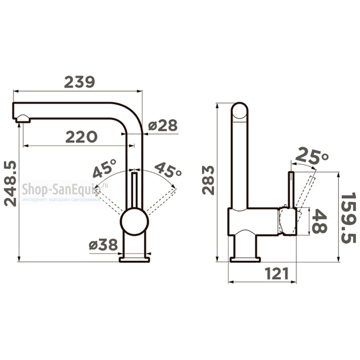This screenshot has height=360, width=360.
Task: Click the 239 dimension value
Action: tap(80, 82)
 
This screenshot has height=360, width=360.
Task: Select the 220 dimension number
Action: tap(81, 137)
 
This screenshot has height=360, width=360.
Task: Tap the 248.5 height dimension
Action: tap(10, 184)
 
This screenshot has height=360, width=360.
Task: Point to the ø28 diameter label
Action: tap(163, 125)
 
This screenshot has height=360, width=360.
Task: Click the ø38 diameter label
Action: tap(103, 244)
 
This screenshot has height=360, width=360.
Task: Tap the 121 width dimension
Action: tap(277, 274)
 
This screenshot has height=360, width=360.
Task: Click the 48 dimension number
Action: tap(319, 221)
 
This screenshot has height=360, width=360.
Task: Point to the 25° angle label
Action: tap(312, 157)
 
